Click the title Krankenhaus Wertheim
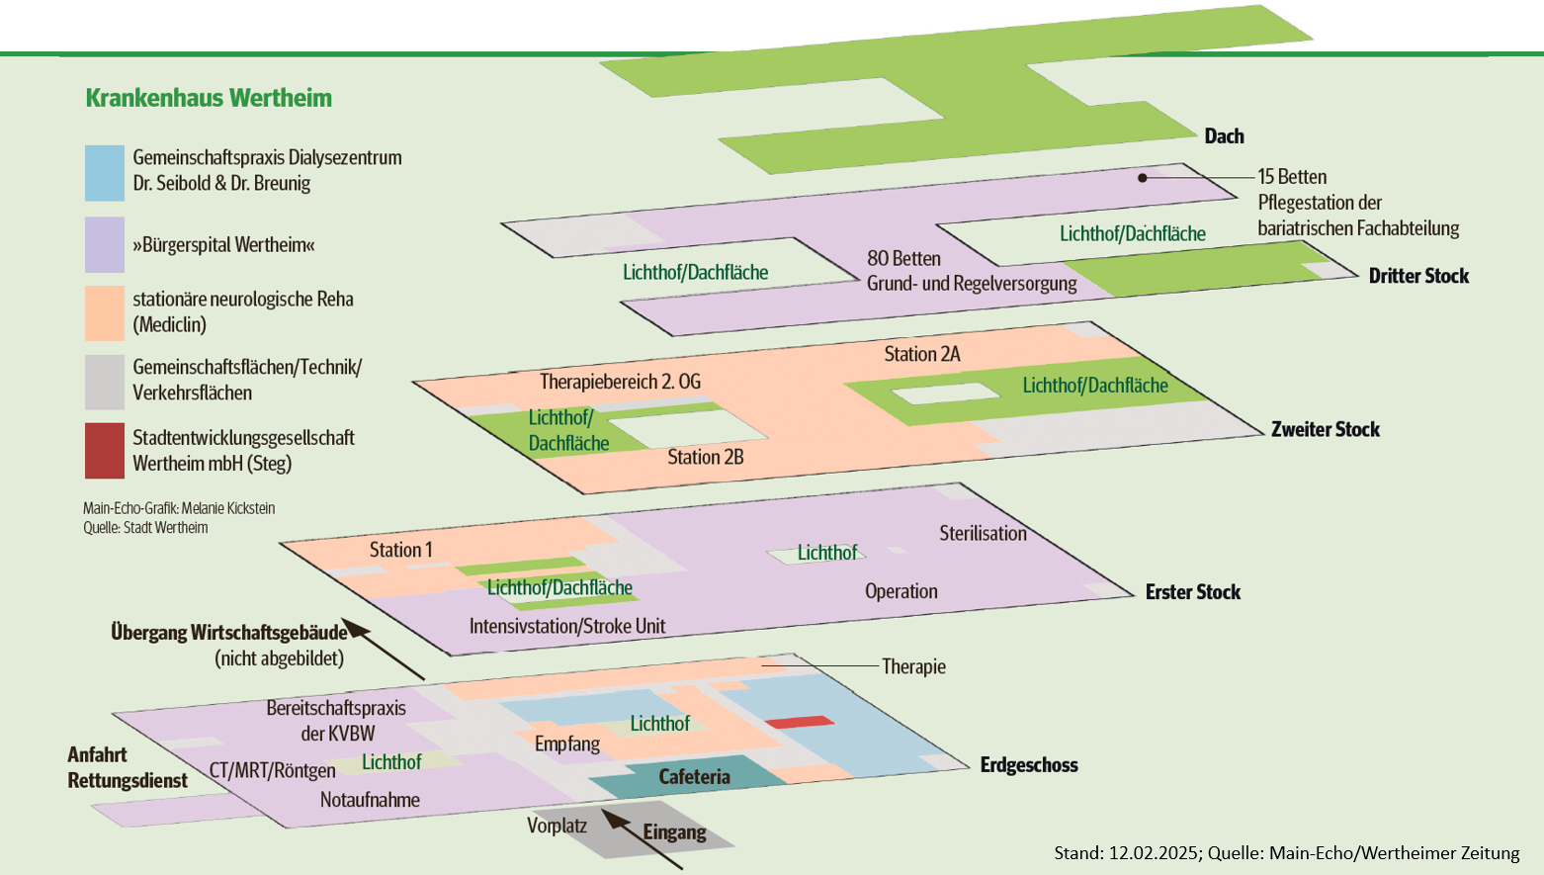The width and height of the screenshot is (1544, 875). point(209,98)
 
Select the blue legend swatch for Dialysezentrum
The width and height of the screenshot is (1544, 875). point(105,173)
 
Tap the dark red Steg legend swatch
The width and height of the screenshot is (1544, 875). point(105,451)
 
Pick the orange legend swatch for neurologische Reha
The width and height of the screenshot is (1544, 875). point(105,312)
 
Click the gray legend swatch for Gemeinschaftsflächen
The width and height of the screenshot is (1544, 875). point(105,382)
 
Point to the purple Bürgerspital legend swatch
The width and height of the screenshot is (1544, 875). point(105,244)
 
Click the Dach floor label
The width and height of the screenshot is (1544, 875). point(1224,136)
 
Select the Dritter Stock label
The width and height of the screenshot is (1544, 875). point(1418,276)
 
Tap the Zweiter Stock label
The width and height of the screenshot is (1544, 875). point(1325,429)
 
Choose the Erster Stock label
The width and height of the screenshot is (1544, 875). point(1192,592)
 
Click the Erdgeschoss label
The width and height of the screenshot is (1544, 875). point(1028,765)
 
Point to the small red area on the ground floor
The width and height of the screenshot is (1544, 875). point(799,723)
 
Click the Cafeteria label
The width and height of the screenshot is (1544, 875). point(694,777)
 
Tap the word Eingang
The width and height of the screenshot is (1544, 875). point(674,831)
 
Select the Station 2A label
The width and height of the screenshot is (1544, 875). point(921,354)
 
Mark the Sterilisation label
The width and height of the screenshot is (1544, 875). point(983,534)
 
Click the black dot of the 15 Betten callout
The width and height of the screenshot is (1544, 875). point(1143,178)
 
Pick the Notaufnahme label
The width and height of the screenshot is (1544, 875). point(370,800)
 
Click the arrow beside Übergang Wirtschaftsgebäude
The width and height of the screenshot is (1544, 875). point(387,652)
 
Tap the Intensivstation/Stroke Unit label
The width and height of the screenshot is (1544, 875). point(566,626)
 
